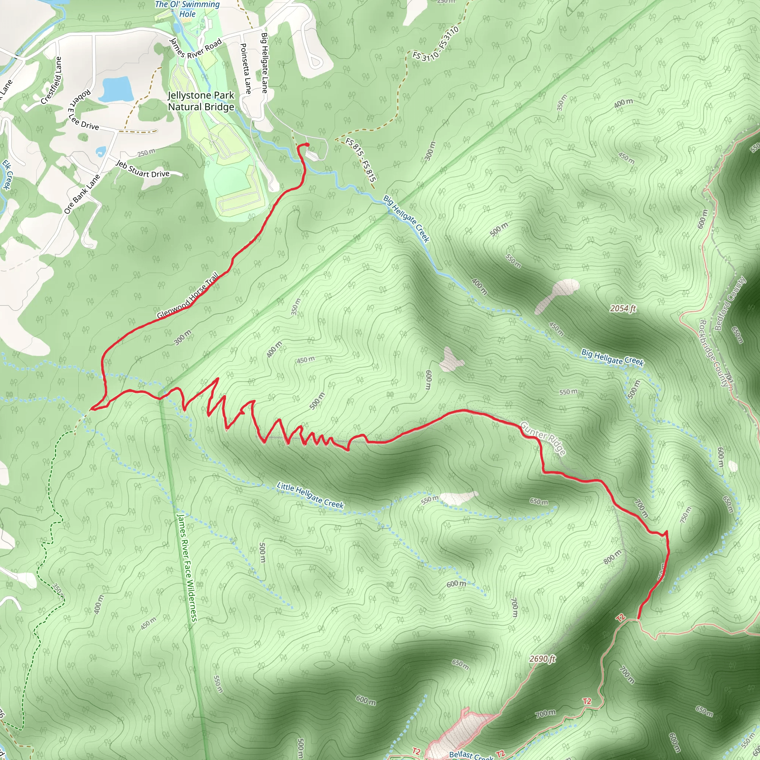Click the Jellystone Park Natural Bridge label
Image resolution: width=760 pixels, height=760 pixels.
(201, 101)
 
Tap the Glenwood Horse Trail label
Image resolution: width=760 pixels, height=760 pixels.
(188, 295)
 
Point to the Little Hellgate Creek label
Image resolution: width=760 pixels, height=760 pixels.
(310, 495)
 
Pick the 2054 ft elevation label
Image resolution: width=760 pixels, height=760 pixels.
(623, 309)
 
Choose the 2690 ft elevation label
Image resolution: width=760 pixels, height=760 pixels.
(543, 659)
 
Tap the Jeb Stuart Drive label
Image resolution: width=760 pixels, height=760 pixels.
(143, 169)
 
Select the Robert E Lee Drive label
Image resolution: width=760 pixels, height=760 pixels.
(83, 110)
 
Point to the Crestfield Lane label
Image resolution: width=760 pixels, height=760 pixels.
(51, 81)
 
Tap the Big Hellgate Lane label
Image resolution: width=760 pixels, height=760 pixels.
(265, 63)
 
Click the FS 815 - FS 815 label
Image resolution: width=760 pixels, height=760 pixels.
(361, 159)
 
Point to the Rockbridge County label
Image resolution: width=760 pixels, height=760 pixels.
(712, 353)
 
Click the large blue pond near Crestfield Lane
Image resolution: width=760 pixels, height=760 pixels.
(116, 88)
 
